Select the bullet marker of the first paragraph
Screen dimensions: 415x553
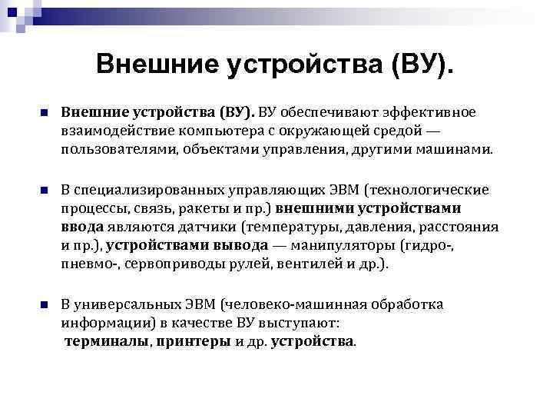45,114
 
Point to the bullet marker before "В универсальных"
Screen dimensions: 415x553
45,305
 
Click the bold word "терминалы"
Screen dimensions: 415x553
107,342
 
